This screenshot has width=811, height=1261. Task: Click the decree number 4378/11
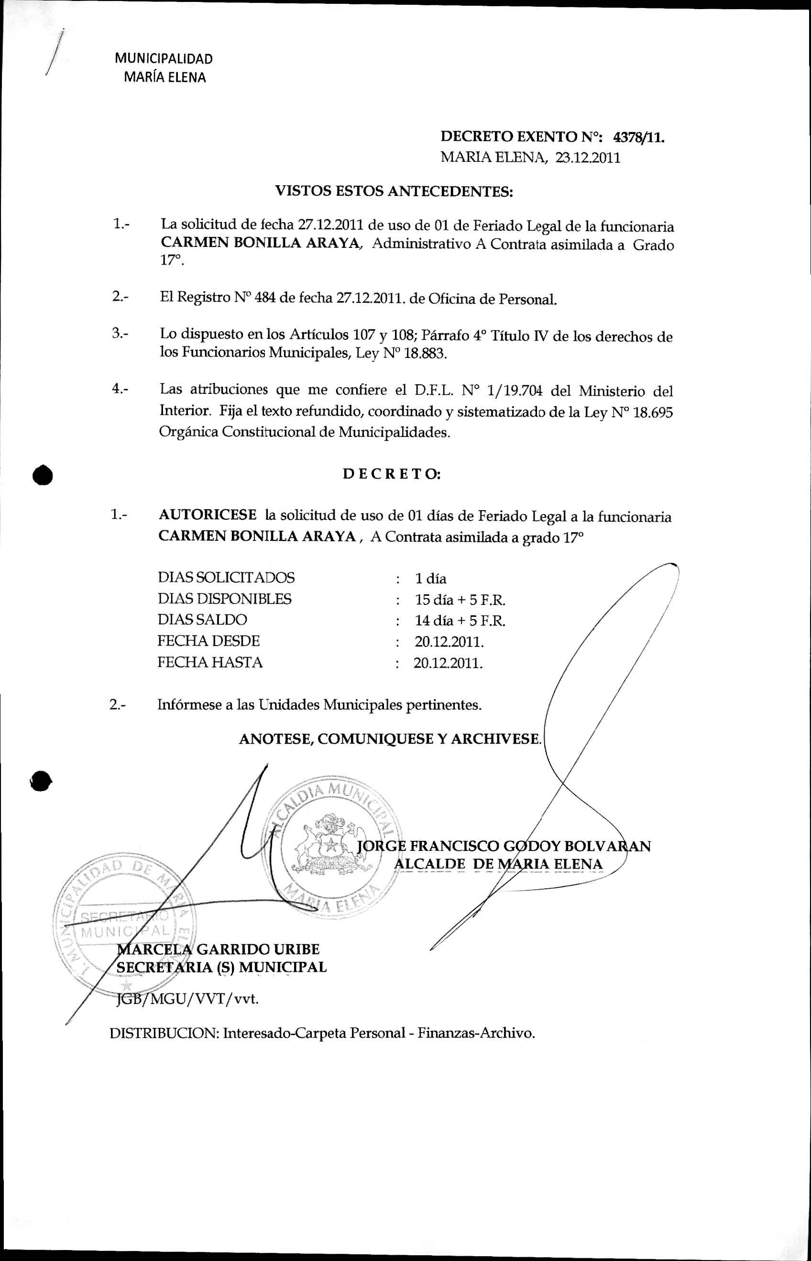(x=638, y=137)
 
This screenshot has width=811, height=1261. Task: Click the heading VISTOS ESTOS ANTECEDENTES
(x=394, y=191)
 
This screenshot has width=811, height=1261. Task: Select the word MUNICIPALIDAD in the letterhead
(x=164, y=58)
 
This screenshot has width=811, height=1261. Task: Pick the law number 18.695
(x=653, y=412)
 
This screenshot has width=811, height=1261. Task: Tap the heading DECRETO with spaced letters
(x=392, y=474)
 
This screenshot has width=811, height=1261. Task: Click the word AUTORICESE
(x=208, y=515)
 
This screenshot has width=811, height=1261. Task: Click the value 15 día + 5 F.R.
(x=460, y=600)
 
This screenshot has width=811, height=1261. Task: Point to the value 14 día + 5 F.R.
(x=460, y=621)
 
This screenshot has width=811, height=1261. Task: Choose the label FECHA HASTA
(x=209, y=662)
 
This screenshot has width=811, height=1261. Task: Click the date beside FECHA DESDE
(x=449, y=642)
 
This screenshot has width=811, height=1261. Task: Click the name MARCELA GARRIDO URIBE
(x=218, y=949)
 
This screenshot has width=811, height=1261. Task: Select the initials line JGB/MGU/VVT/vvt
(x=187, y=999)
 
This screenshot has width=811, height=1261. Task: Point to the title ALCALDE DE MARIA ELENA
(x=498, y=864)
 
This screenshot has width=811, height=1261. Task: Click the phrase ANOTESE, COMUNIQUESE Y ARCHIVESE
(x=390, y=739)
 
